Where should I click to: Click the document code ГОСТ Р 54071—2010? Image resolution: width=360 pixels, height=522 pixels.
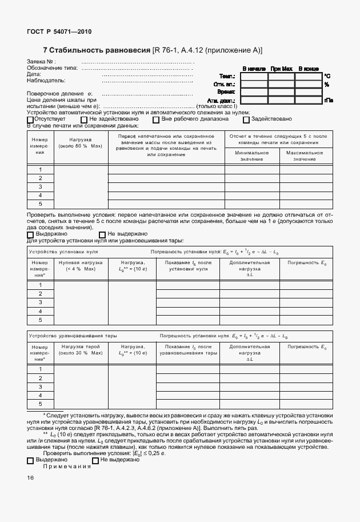pos(59,32)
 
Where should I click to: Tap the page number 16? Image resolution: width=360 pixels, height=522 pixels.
pos(31,478)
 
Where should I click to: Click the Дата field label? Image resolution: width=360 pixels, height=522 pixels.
pos(34,74)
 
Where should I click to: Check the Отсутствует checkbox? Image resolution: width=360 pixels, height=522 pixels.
pos(30,119)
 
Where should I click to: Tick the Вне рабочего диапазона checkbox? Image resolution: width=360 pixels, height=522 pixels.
pos(155,119)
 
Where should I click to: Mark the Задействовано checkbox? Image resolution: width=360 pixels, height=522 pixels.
pos(246,119)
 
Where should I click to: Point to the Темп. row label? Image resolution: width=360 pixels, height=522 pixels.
pos(229,76)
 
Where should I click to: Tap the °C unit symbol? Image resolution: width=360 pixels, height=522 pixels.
pos(327,76)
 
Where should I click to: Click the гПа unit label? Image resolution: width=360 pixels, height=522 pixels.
pos(329,100)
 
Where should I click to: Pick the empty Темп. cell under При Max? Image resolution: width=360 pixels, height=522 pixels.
pos(281,76)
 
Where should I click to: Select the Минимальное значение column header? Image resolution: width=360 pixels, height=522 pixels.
pos(251,156)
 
